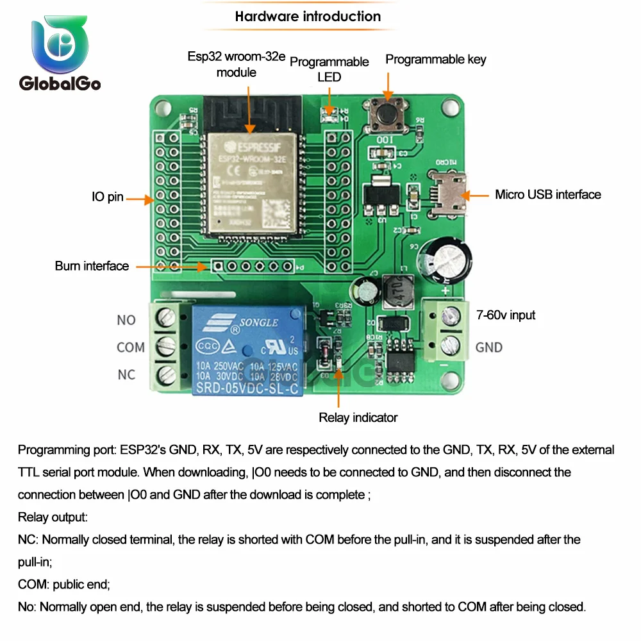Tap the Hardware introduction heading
(x=308, y=17)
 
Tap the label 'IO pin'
(x=107, y=197)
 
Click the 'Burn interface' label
(x=92, y=266)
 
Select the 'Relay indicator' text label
(x=358, y=418)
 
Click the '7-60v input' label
(x=505, y=315)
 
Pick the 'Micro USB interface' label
(x=548, y=194)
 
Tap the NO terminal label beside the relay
(x=126, y=320)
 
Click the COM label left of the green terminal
(x=131, y=347)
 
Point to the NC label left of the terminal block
(x=126, y=374)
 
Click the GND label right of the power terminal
(x=488, y=347)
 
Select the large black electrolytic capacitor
(x=445, y=260)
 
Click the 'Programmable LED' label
(x=329, y=69)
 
